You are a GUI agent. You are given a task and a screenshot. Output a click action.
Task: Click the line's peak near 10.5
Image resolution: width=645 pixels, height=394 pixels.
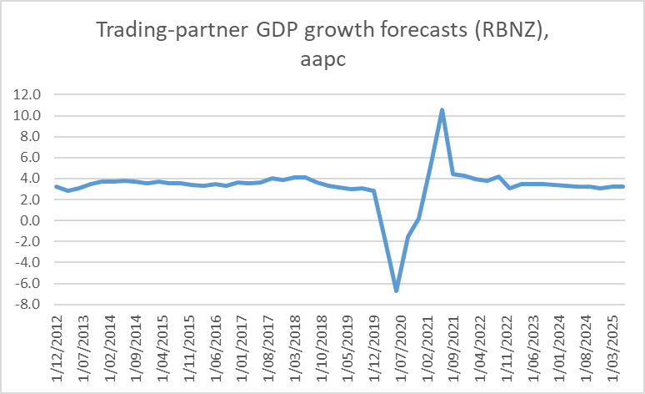click(x=442, y=110)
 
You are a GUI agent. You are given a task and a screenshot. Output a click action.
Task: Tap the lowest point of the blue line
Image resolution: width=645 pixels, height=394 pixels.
click(x=397, y=290)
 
